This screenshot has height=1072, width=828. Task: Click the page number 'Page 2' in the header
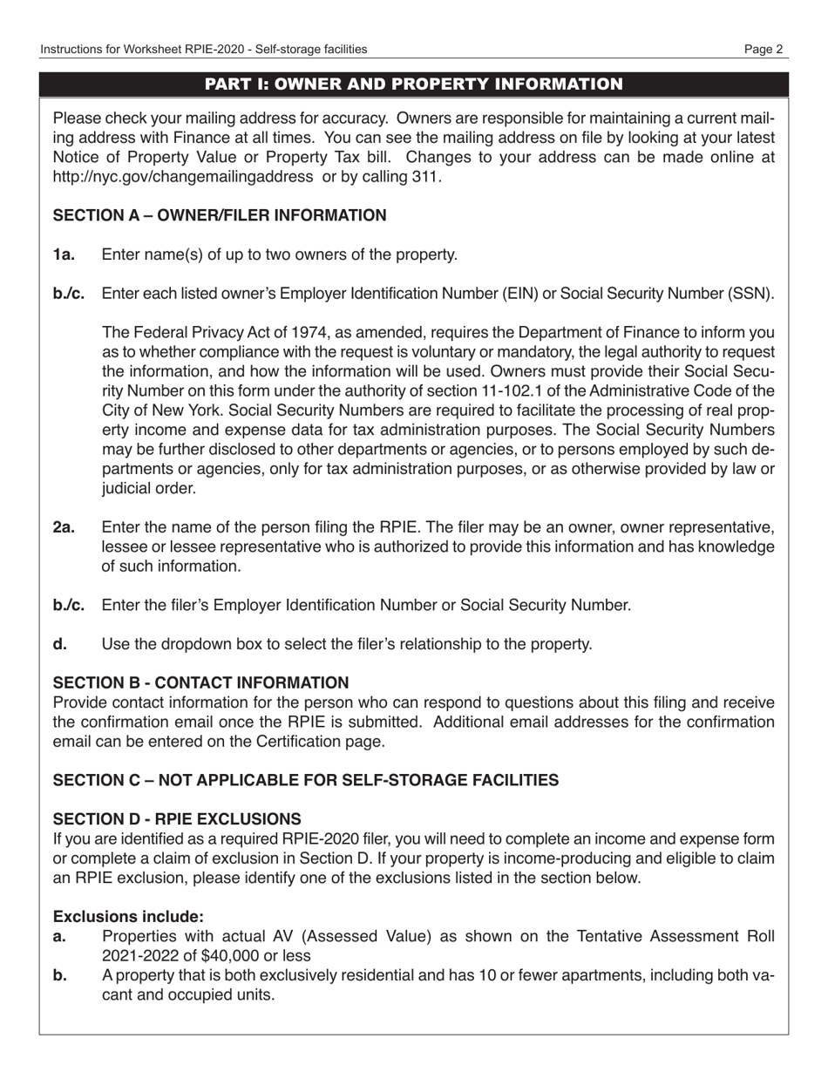pos(764,50)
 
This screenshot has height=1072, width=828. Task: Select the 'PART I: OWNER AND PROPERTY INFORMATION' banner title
pos(413,85)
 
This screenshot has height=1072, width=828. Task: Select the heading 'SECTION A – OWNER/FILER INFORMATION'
pos(220,215)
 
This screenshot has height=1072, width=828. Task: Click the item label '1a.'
pos(64,254)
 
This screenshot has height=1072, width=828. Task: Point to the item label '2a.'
pos(64,527)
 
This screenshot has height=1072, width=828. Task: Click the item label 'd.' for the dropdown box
pos(59,644)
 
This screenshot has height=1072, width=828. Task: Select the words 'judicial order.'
pos(149,488)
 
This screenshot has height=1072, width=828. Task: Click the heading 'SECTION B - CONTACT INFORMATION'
pos(200,682)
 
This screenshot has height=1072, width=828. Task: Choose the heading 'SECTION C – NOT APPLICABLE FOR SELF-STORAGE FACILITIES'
pos(306,780)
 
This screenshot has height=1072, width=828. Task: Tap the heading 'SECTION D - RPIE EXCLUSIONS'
pos(177,819)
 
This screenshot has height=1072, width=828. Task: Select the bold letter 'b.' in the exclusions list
pos(59,975)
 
